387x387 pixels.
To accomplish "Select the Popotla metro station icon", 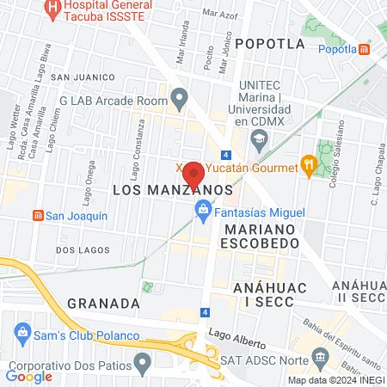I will point(365,49).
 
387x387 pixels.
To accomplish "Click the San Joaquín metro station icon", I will point(36,215).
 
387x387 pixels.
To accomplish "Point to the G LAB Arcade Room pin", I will point(179,100).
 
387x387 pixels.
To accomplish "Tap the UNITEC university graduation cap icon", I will point(257,138).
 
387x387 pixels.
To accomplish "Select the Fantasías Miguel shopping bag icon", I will point(202,208).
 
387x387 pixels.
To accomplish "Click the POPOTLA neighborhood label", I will point(269,43).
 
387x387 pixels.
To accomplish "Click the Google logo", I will point(28,376).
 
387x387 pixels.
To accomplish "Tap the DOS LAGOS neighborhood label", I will point(83,249).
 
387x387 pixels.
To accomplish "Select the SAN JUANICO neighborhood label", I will point(83,77).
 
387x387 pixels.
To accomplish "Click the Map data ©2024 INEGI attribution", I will point(335,379).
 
